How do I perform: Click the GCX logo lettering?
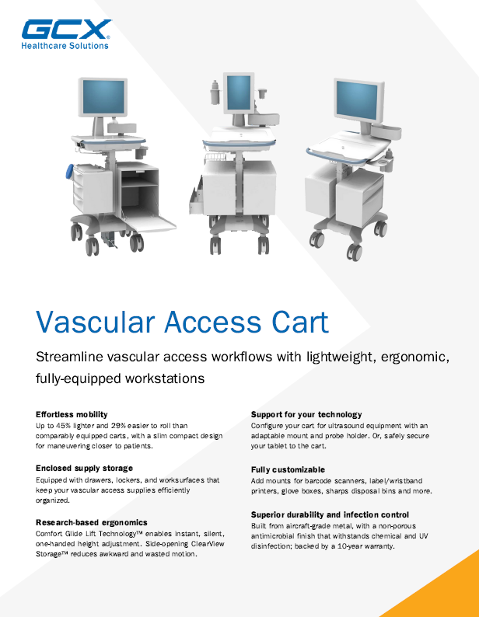pos(66,30)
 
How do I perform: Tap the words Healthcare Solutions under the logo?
pos(65,46)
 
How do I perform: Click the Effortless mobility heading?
pos(72,414)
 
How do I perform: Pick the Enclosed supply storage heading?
pos(84,469)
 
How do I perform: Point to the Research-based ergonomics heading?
pos(92,522)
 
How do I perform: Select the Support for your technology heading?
pos(306,414)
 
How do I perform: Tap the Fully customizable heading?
pos(288,469)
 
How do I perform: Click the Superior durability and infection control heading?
pos(330,514)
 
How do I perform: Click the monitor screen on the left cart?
pos(103,96)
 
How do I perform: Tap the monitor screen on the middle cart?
pos(239,92)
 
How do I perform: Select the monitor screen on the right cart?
pos(357,99)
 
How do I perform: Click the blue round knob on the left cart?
pos(70,172)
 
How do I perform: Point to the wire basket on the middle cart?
pos(215,158)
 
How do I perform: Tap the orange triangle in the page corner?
pos(440,591)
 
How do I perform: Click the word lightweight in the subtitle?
pos(341,357)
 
